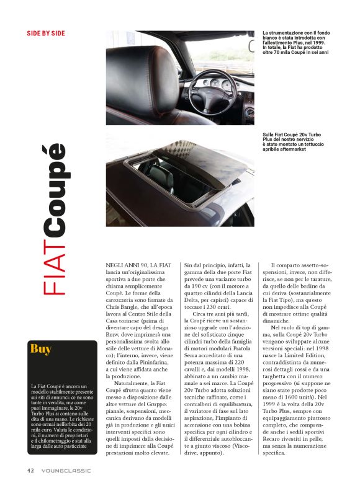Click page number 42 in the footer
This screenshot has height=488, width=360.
(30, 470)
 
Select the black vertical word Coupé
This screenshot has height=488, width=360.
(54, 189)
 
